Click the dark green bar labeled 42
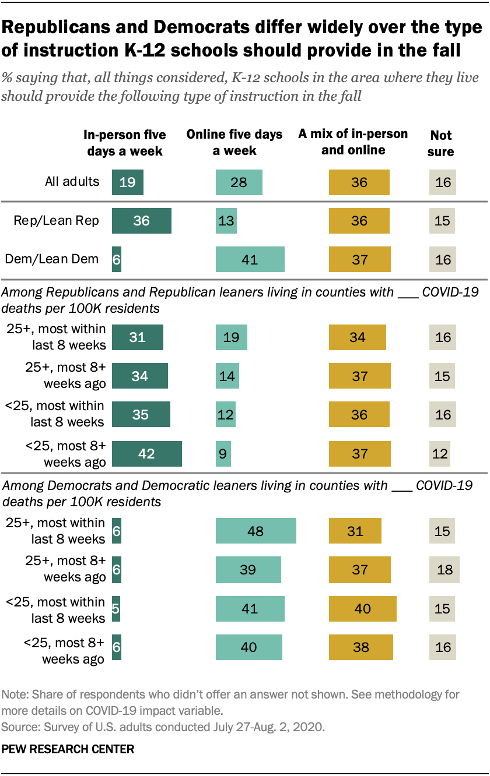pyautogui.click(x=146, y=454)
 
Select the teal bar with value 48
pyautogui.click(x=256, y=531)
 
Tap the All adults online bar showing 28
pyautogui.click(x=239, y=182)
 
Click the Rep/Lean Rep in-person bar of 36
pyautogui.click(x=141, y=221)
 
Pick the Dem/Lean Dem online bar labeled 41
pyautogui.click(x=250, y=259)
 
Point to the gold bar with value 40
pyautogui.click(x=362, y=609)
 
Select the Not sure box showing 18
pyautogui.click(x=444, y=569)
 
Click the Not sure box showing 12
pyautogui.click(x=440, y=454)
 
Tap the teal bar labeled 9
pyautogui.click(x=223, y=454)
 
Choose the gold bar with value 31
pyautogui.click(x=355, y=531)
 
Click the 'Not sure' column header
pyautogui.click(x=441, y=143)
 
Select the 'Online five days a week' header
pyautogui.click(x=235, y=143)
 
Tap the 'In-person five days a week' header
pyautogui.click(x=125, y=143)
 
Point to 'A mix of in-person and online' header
pyautogui.click(x=353, y=142)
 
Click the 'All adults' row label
pyautogui.click(x=72, y=182)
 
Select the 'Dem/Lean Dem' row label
pyautogui.click(x=52, y=259)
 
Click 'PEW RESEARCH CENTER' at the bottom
pyautogui.click(x=68, y=749)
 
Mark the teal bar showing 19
pyautogui.click(x=231, y=337)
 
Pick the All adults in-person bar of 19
pyautogui.click(x=127, y=182)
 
